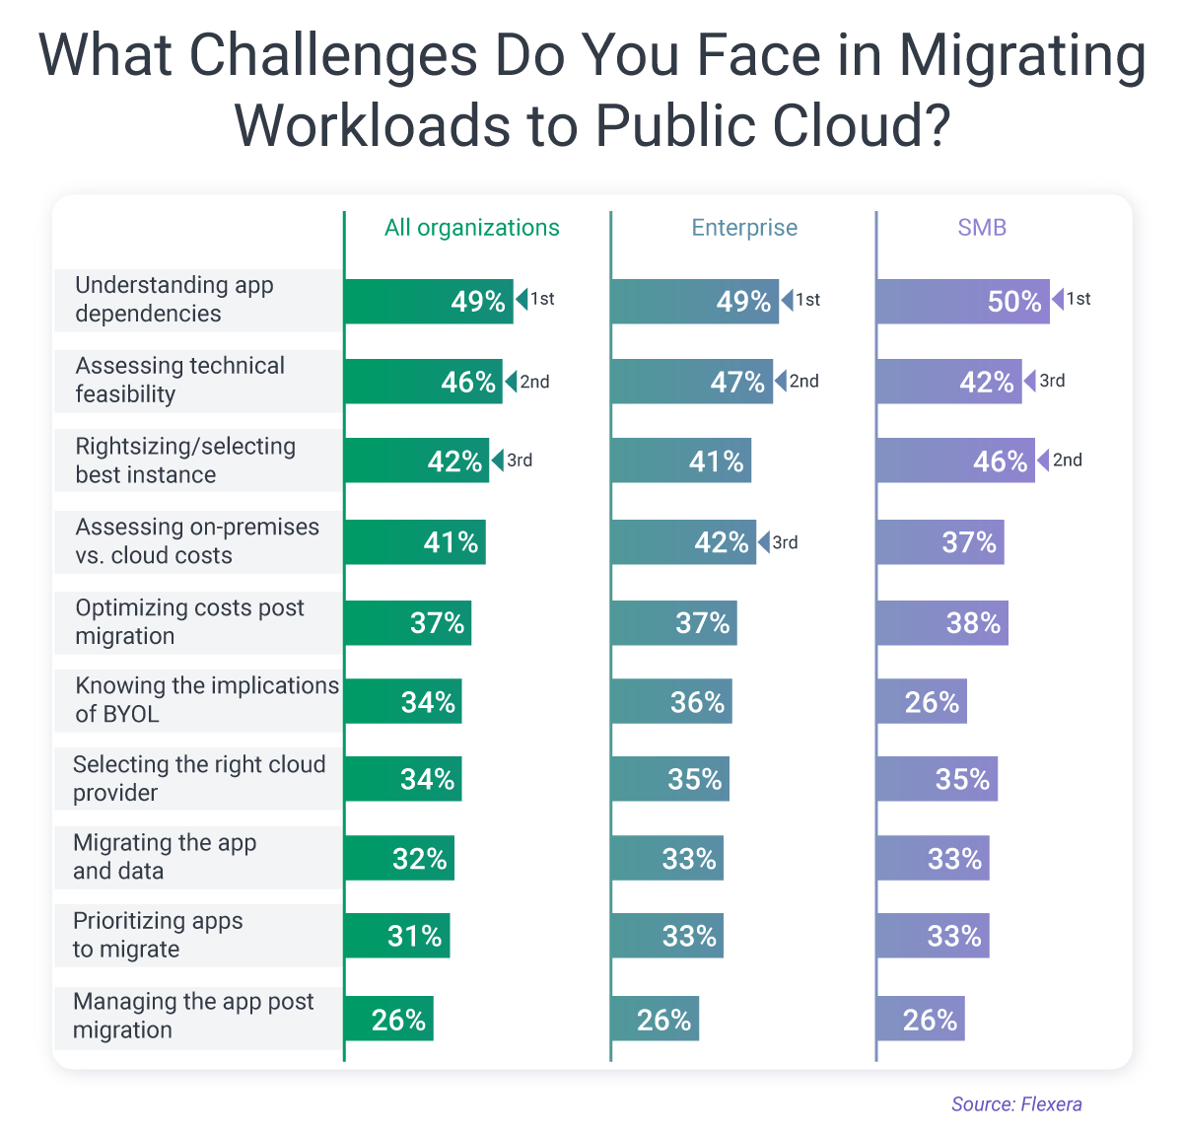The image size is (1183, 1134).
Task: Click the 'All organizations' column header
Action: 471,228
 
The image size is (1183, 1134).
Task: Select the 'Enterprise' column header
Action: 744,228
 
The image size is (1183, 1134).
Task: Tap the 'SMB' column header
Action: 982,228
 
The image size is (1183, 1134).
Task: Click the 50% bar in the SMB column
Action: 962,301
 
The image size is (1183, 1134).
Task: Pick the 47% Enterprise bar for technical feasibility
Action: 691,382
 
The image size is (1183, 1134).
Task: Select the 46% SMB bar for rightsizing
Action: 955,461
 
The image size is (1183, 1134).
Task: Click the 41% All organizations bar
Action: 415,542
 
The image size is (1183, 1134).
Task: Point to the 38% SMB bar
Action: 941,623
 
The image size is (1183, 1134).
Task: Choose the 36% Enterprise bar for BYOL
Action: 671,702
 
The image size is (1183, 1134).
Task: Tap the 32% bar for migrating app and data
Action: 399,859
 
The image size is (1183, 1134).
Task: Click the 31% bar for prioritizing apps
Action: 397,936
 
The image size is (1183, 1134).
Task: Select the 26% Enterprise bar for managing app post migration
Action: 655,1020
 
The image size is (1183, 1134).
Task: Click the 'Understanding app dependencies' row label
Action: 174,299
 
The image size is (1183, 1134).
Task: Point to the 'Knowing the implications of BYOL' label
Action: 206,699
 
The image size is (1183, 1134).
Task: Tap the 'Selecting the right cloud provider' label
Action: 198,778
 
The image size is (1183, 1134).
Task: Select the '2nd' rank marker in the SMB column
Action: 1067,461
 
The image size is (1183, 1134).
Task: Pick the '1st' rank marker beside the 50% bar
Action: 1078,299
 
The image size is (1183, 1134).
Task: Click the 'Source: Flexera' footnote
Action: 1016,1104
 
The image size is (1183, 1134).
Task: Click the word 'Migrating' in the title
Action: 1022,56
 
